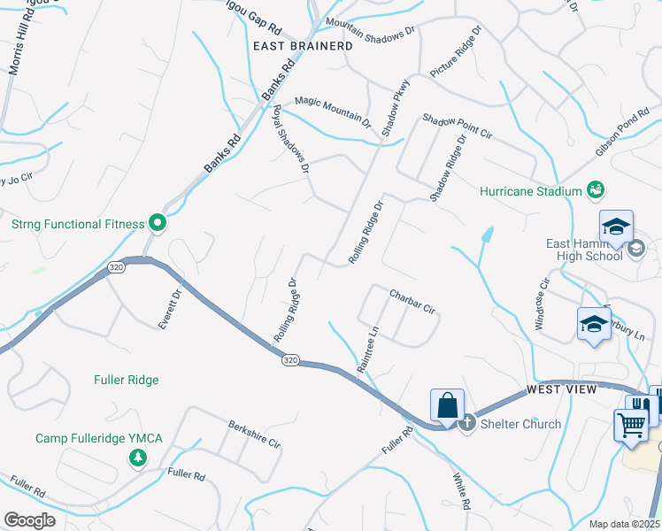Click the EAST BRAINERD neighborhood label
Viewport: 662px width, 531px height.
click(303, 45)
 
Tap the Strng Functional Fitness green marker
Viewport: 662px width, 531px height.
click(158, 223)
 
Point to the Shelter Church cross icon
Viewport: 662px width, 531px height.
click(467, 423)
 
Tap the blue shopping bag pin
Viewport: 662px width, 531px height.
click(448, 405)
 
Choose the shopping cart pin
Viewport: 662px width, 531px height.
click(630, 426)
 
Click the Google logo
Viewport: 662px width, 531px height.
click(29, 520)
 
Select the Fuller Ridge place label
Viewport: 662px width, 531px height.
click(127, 380)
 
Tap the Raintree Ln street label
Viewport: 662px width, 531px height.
click(367, 351)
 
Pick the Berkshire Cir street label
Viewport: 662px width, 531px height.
click(254, 434)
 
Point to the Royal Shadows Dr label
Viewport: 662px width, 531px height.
click(291, 138)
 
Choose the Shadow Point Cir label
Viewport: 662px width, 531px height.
click(457, 127)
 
